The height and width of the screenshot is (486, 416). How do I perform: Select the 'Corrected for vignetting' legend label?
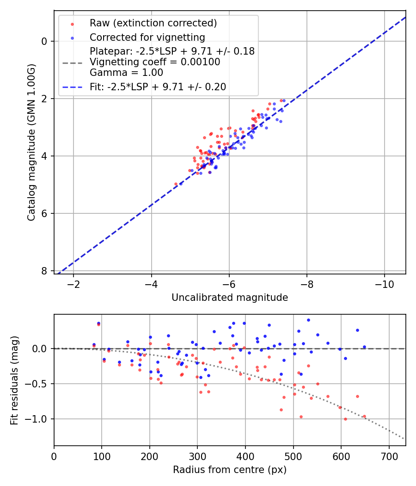click(x=147, y=37)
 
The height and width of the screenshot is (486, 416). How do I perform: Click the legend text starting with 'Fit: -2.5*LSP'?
click(x=158, y=87)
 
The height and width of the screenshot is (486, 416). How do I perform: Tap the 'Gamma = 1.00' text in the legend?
click(x=126, y=73)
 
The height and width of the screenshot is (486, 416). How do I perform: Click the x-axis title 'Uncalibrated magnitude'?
click(x=230, y=298)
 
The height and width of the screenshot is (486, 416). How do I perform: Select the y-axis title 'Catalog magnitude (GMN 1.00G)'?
click(x=31, y=143)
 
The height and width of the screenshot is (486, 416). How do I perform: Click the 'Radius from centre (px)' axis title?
click(x=230, y=470)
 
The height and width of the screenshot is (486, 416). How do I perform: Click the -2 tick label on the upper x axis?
click(x=73, y=284)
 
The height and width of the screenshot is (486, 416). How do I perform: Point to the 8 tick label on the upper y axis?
click(x=45, y=271)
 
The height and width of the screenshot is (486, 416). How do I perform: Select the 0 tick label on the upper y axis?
click(x=45, y=41)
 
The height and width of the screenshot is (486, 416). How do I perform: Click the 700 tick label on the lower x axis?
click(x=389, y=456)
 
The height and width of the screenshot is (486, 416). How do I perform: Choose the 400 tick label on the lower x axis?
click(x=245, y=456)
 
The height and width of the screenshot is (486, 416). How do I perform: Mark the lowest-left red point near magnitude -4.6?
click(x=176, y=184)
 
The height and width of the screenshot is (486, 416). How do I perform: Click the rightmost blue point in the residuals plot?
click(x=364, y=347)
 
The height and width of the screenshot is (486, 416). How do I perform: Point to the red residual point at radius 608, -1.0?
click(x=345, y=419)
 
